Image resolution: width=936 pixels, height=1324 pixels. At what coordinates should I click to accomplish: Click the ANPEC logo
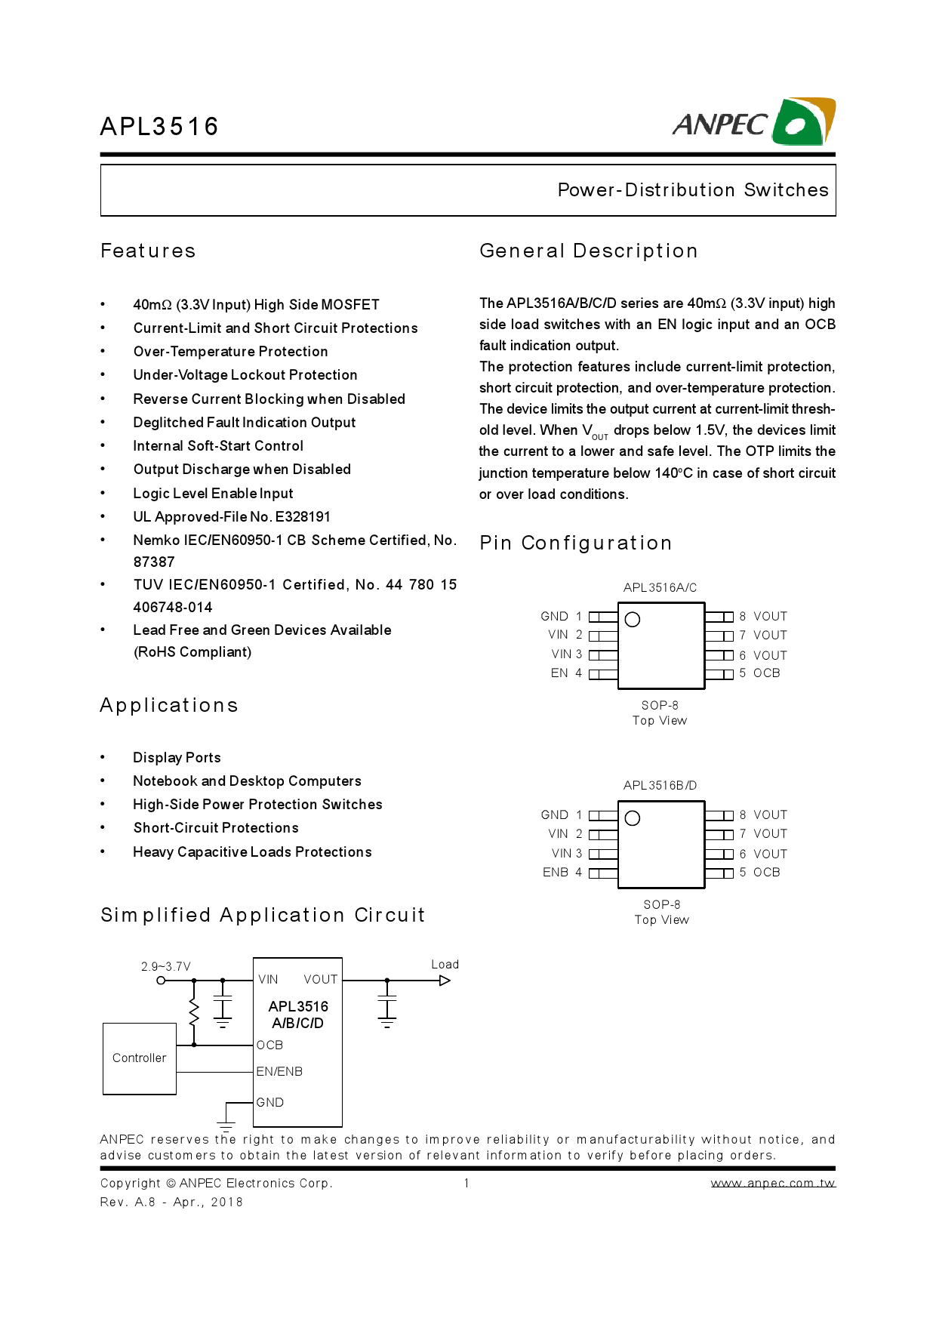(753, 122)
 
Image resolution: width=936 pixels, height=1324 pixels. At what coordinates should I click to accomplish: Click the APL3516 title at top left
(159, 126)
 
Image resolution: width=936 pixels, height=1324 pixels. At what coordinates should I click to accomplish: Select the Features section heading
(148, 251)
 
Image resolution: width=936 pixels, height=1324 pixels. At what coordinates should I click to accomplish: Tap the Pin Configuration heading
(575, 543)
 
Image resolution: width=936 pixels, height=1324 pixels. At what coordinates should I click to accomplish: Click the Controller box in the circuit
(140, 1058)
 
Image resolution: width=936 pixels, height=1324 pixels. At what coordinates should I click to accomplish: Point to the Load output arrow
(445, 981)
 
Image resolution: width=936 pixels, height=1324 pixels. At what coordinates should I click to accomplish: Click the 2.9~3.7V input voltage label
(166, 966)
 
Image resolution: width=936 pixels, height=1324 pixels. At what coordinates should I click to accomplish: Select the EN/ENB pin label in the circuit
(279, 1072)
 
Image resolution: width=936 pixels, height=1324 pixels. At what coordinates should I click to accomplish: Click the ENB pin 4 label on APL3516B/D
(556, 873)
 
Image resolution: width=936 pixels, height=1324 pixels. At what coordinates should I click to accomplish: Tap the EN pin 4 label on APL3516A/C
(559, 673)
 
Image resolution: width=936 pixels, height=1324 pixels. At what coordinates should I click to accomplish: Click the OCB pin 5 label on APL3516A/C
(766, 673)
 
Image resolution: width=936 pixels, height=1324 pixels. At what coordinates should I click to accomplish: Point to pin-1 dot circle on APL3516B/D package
(633, 818)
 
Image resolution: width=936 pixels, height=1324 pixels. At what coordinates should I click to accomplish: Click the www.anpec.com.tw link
(773, 1183)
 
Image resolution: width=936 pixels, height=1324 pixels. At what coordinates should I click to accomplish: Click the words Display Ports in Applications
(177, 758)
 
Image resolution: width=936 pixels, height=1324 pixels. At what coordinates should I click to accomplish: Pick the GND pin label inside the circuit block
(270, 1103)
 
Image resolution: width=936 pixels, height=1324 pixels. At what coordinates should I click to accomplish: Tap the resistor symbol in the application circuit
(194, 1011)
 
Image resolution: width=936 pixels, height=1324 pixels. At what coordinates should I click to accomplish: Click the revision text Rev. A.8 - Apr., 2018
(171, 1202)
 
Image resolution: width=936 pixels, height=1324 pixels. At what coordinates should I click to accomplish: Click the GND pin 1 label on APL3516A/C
(555, 617)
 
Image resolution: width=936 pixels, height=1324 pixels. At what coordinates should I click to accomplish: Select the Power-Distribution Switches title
(692, 190)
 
